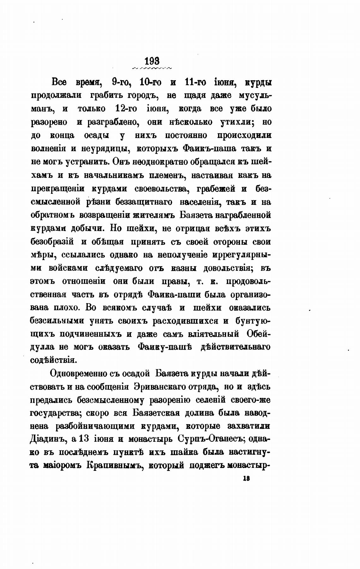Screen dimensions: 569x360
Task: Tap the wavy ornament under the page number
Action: tap(152, 68)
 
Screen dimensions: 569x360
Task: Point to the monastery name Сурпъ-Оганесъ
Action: tap(210, 440)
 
